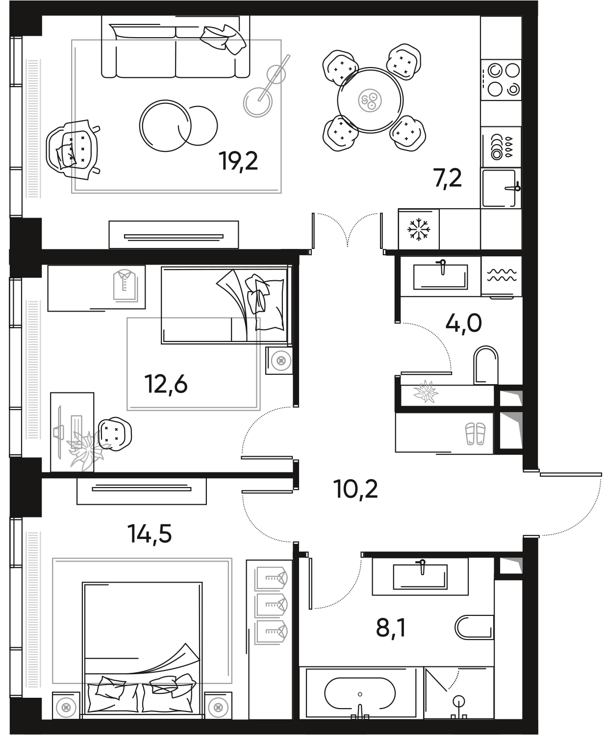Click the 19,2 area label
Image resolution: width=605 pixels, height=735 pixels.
coord(239,161)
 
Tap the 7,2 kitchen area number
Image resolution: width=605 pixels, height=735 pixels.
coord(448,179)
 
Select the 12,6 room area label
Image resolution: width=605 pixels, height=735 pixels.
coord(166,385)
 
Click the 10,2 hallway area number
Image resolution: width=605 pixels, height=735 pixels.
coord(356,489)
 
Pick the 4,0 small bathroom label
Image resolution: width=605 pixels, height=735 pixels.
coord(463,323)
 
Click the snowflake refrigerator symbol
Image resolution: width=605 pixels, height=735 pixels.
coord(419,229)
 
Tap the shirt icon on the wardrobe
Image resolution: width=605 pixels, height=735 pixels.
coord(124,285)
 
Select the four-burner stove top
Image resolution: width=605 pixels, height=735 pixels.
coord(500,79)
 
